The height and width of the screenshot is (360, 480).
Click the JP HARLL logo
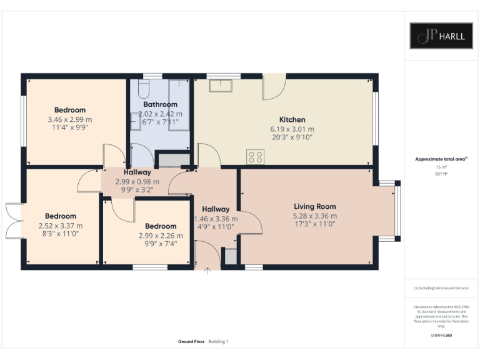tap(441, 36)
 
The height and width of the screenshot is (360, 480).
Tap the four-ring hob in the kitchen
tap(255, 157)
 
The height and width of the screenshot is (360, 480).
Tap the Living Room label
tap(315, 206)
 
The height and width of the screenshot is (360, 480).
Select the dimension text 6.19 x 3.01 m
tap(292, 129)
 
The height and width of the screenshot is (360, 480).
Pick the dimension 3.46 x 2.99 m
tap(69, 119)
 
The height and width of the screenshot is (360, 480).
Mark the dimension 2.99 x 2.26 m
tap(161, 236)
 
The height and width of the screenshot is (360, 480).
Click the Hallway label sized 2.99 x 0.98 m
tap(137, 172)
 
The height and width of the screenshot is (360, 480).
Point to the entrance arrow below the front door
tap(209, 271)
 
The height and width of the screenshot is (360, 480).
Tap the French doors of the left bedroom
tap(15, 221)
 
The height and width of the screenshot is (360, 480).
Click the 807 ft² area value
tap(441, 174)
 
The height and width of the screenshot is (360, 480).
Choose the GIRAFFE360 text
tap(441, 336)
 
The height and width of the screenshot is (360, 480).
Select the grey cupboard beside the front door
tap(230, 257)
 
